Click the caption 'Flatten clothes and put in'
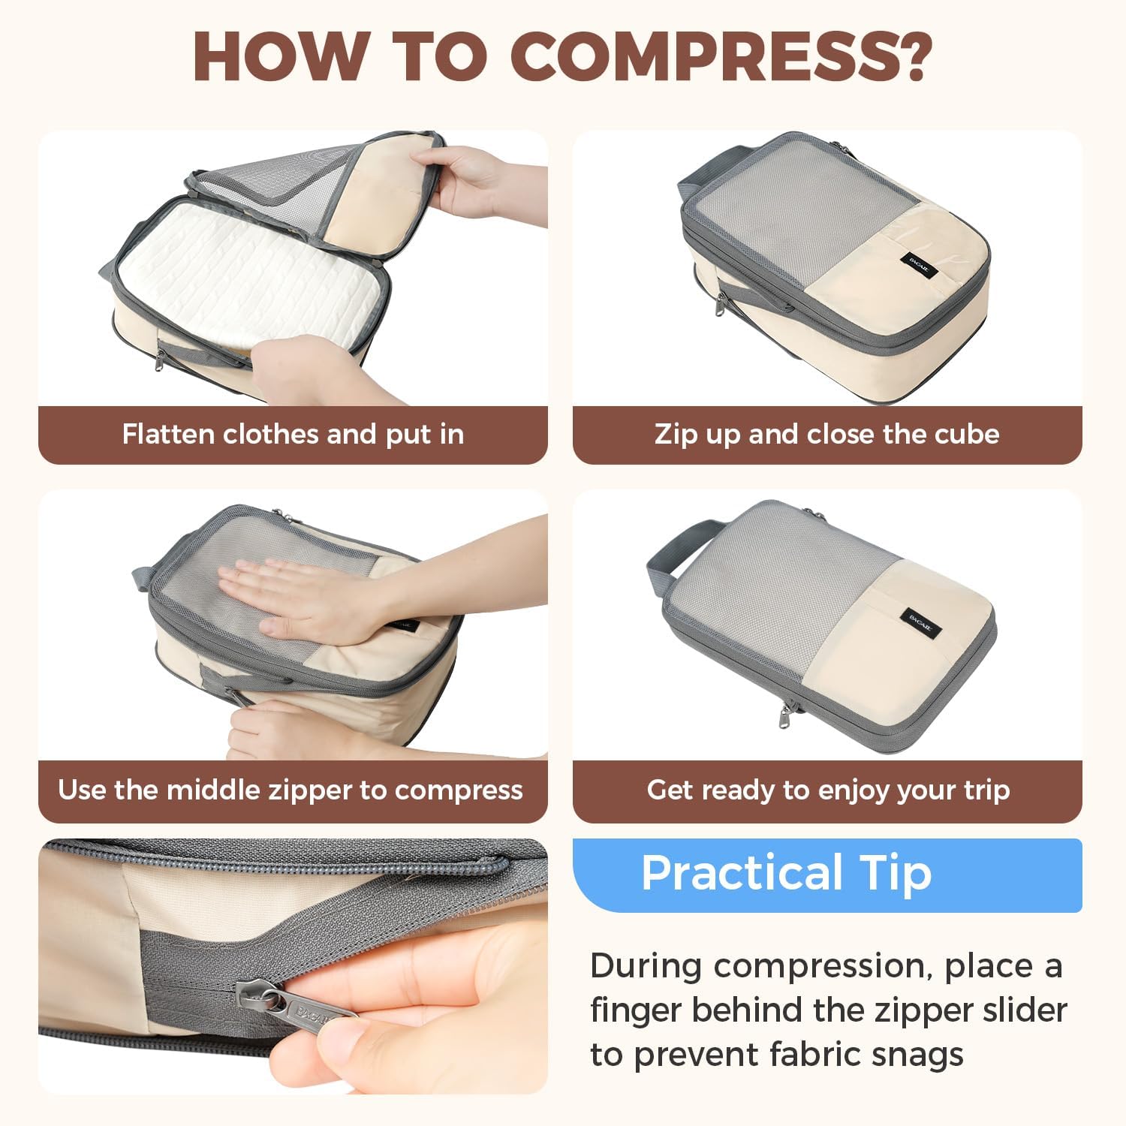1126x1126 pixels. pos(293,435)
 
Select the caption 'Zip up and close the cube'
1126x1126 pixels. pos(826,435)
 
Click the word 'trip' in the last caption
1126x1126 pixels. pos(985,790)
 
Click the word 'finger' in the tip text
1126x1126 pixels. pos(636,1010)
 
